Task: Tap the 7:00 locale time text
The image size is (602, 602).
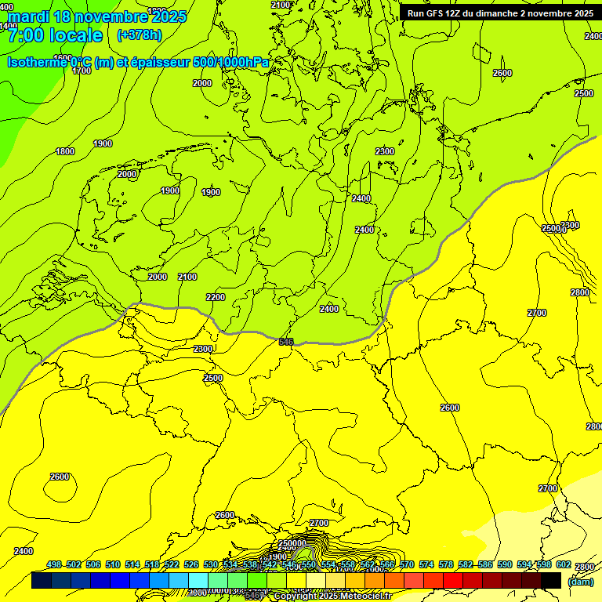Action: click(x=55, y=35)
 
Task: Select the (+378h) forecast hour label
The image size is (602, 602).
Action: click(x=139, y=35)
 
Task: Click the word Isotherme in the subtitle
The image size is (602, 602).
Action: click(x=36, y=62)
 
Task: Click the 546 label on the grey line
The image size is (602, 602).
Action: click(x=286, y=342)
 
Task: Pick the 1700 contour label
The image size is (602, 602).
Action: click(x=82, y=71)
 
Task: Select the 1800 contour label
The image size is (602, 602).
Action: click(x=65, y=151)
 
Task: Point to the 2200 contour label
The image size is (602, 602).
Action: click(x=216, y=297)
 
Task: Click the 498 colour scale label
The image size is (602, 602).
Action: click(x=54, y=564)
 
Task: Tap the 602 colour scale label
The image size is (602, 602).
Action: click(x=564, y=564)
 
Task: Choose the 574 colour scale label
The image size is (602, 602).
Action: click(x=426, y=564)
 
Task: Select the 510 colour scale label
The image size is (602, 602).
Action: click(x=113, y=564)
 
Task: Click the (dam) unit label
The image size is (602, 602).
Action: click(x=581, y=581)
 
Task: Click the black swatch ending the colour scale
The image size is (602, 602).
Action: click(x=551, y=580)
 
